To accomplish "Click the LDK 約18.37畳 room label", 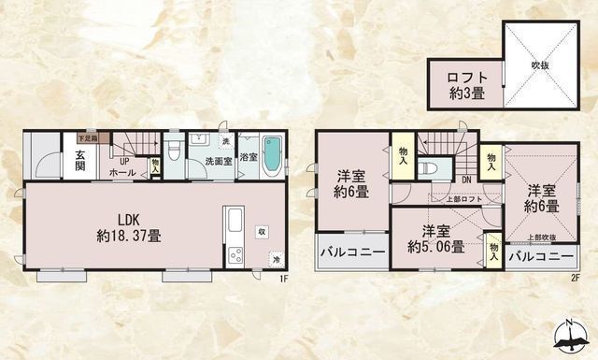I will tap(129, 229).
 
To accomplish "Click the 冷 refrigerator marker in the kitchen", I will tap(276, 258).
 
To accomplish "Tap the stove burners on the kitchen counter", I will tap(234, 254).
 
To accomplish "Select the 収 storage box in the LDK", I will tap(263, 229).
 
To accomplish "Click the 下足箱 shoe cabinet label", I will tap(86, 137).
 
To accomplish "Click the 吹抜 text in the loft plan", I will tap(540, 65).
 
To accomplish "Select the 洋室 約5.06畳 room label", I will tap(434, 239).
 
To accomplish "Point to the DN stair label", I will tap(465, 180).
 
